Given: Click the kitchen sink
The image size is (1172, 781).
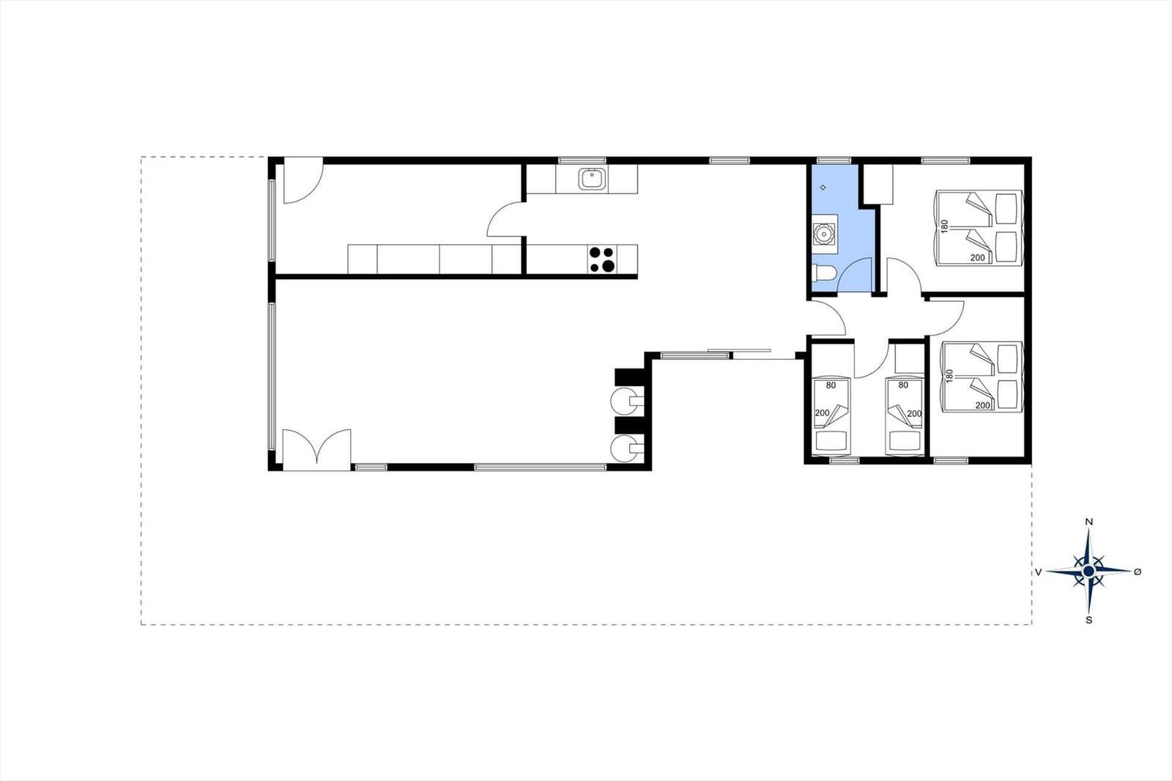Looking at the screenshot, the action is (x=593, y=179).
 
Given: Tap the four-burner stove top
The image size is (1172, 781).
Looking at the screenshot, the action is (x=601, y=259).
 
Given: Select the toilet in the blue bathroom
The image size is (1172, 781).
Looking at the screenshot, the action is (x=824, y=274).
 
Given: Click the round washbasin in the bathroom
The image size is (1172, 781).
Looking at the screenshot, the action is (x=823, y=234).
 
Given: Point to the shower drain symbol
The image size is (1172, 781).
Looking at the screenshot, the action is (x=823, y=188).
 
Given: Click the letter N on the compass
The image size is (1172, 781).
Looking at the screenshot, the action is (x=1088, y=522).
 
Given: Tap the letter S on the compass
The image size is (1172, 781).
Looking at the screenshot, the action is (x=1088, y=621).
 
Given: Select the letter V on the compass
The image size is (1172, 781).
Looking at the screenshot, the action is (x=1038, y=572).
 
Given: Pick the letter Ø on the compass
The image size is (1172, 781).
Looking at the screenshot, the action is (x=1138, y=572).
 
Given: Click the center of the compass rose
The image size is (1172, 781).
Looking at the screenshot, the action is (x=1088, y=571).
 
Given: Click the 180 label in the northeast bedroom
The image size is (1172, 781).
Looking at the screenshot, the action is (x=944, y=226).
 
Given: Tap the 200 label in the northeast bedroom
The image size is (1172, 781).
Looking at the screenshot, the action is (x=977, y=258).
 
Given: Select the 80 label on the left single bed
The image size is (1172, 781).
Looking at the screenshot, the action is (x=831, y=385).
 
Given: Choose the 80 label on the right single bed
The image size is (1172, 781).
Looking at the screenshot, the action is (x=903, y=385).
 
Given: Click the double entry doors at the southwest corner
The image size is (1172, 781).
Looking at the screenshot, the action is (x=316, y=449).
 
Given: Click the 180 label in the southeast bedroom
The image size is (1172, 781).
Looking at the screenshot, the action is (x=949, y=376).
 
